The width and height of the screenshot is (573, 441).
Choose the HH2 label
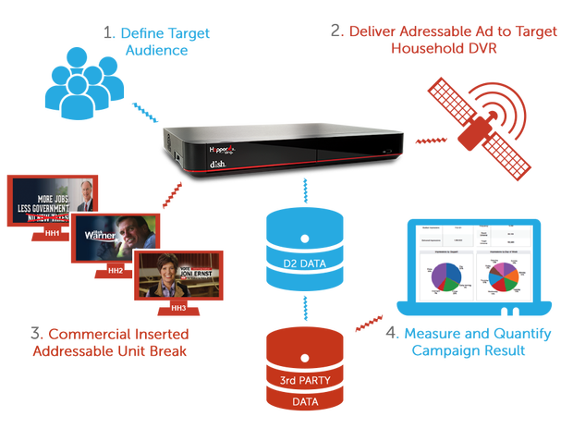point(116,271)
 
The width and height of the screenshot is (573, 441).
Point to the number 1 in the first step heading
point(110,33)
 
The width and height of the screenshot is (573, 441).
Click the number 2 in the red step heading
point(335,31)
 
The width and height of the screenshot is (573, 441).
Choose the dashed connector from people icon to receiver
point(144,115)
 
